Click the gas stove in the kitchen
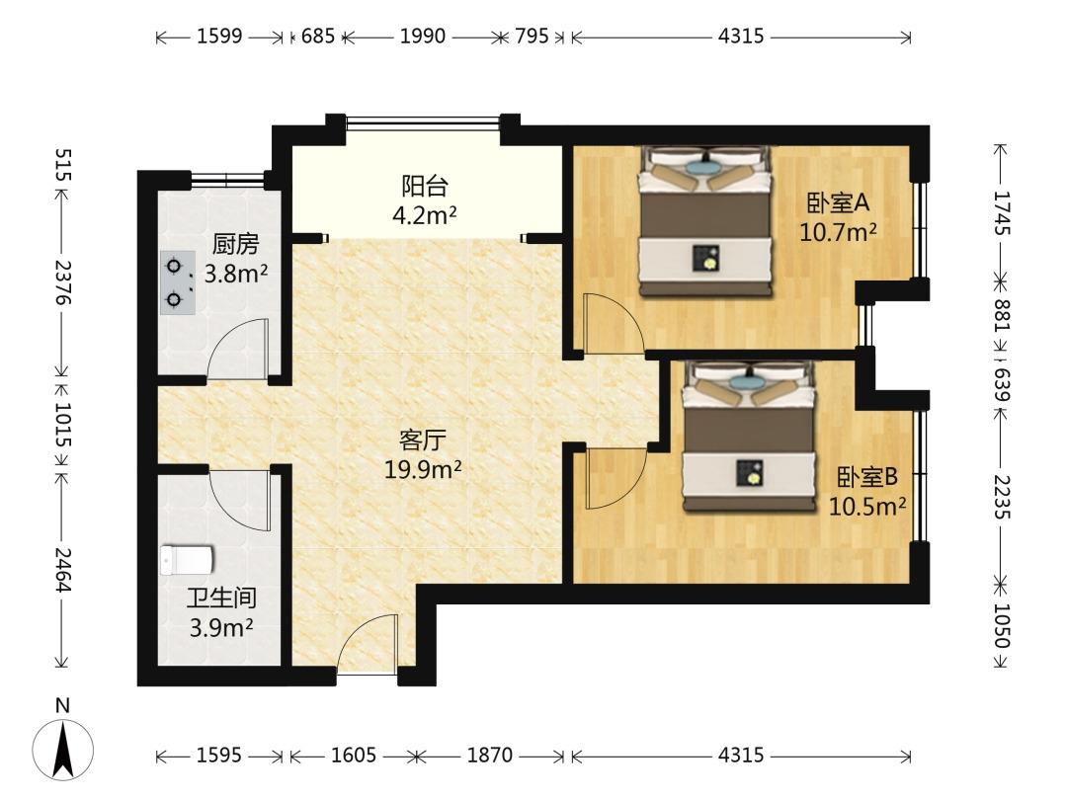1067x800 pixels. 178,282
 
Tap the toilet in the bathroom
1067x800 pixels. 187,560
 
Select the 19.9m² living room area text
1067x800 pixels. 423,469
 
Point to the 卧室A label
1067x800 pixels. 838,202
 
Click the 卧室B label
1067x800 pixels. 867,478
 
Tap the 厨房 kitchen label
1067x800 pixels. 235,244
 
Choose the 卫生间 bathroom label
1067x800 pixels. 222,598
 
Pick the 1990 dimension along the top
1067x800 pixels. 423,36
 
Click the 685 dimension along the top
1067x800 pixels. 318,36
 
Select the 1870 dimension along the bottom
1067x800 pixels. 489,756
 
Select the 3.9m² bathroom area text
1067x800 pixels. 222,627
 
